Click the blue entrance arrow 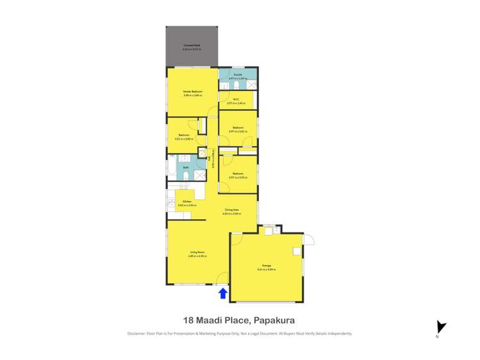(x=223, y=293)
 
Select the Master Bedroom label (x=193, y=92)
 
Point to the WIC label (x=236, y=99)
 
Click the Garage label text (x=266, y=265)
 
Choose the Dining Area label (x=232, y=210)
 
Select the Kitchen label (x=186, y=202)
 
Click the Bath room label (x=186, y=168)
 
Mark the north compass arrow (x=439, y=327)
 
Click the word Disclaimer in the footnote (x=137, y=334)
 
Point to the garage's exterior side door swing (x=309, y=240)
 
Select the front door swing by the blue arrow (x=222, y=279)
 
